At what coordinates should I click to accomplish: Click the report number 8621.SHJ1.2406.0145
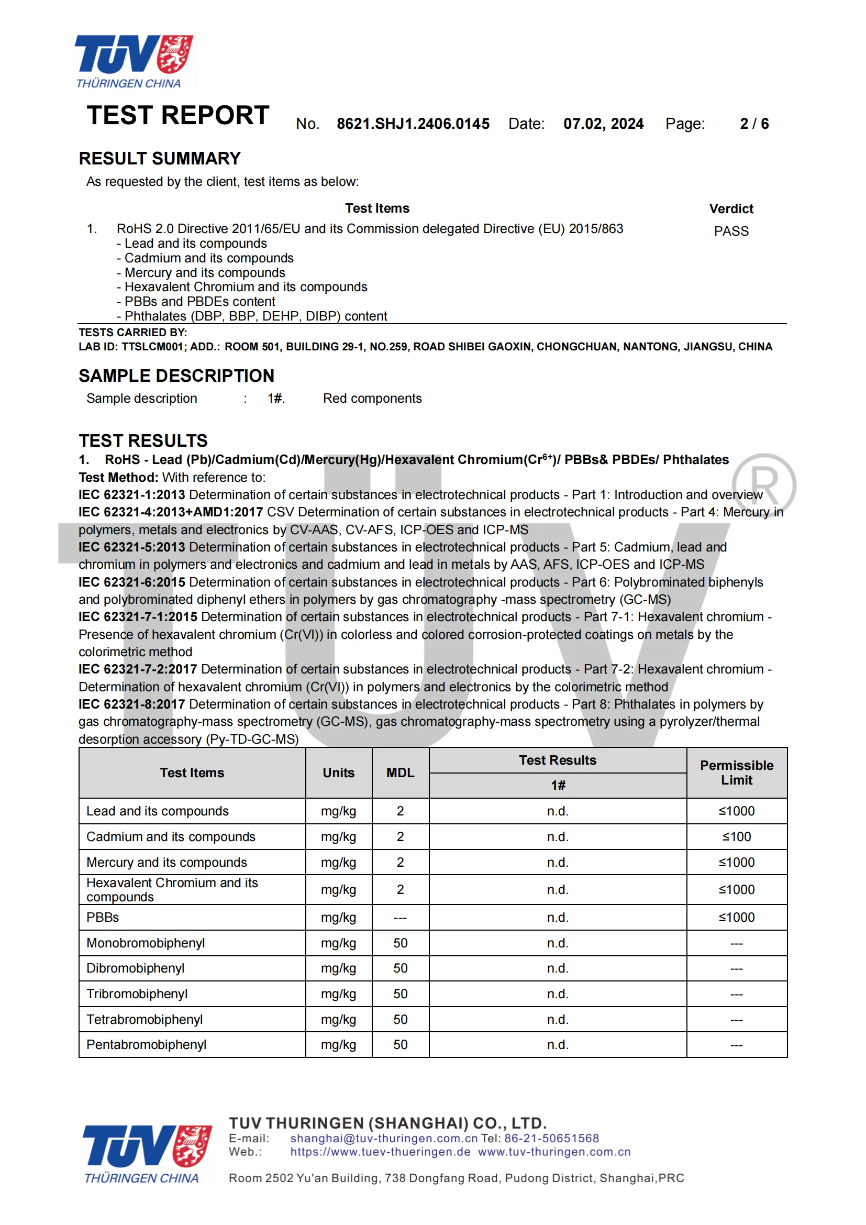(413, 124)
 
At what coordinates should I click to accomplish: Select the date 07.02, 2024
(603, 124)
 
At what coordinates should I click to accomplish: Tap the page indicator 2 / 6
(754, 124)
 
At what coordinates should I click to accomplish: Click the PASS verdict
(731, 231)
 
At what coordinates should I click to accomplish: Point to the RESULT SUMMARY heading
(160, 159)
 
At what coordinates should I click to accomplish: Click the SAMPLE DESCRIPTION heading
(176, 376)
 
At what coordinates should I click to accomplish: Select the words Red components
(372, 399)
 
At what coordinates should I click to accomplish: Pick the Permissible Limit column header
(737, 772)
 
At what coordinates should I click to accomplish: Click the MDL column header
(400, 772)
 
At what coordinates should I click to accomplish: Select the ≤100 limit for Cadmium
(737, 836)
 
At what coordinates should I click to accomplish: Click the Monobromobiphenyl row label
(146, 943)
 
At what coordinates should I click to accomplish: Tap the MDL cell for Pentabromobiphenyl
(400, 1045)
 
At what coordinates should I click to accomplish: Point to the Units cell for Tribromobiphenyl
(338, 994)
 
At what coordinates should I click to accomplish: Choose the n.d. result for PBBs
(557, 917)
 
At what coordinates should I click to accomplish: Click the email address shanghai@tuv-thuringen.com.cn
(383, 1138)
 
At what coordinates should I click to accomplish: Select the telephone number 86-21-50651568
(551, 1138)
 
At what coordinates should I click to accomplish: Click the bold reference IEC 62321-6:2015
(132, 582)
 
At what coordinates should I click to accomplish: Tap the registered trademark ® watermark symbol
(763, 485)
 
